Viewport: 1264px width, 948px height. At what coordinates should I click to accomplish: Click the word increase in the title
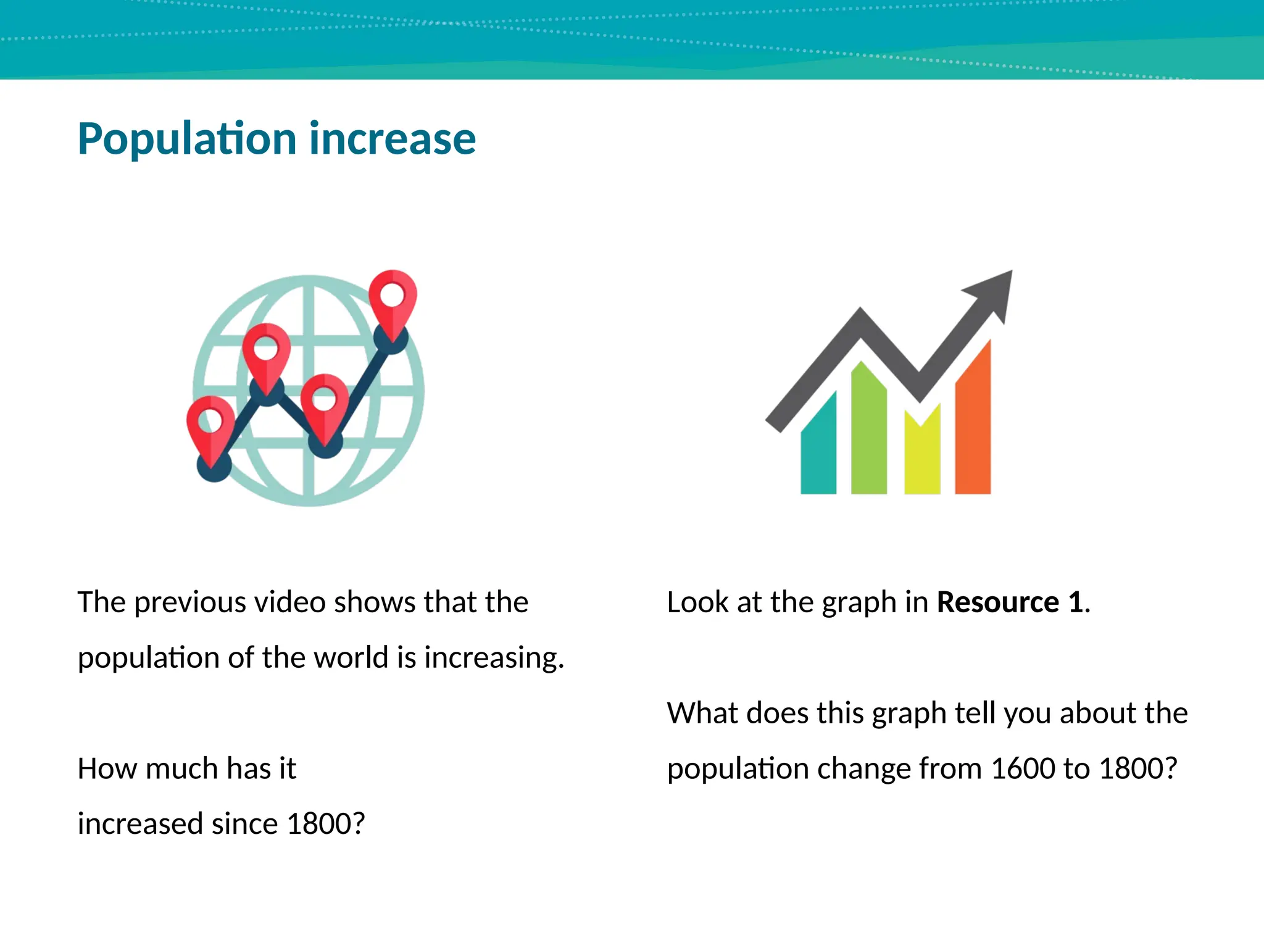point(393,139)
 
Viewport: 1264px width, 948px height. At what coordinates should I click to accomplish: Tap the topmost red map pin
point(393,296)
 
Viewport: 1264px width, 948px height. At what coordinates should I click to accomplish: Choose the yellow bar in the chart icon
point(922,457)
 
